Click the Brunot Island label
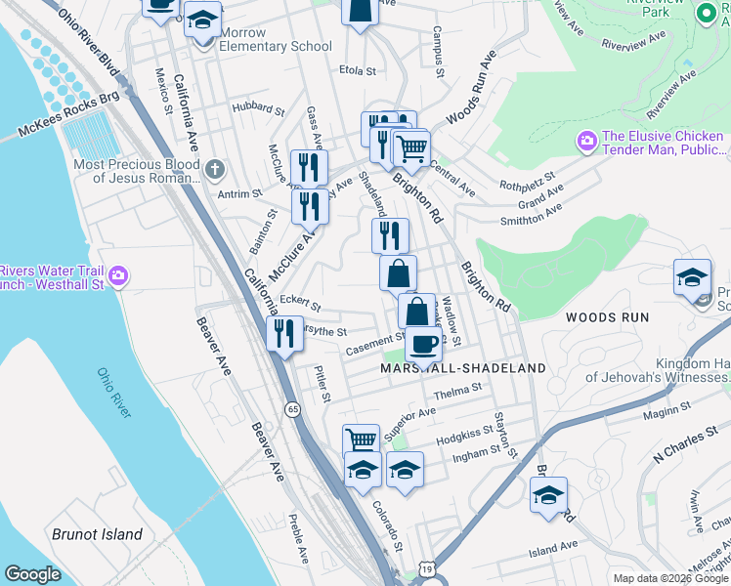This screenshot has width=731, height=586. click(97, 534)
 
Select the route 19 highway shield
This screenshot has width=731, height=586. click(428, 567)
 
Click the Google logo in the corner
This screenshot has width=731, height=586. click(32, 574)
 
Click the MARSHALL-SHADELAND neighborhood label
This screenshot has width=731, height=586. click(462, 368)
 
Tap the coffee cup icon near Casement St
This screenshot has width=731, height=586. click(423, 343)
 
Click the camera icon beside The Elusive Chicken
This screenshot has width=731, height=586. click(587, 142)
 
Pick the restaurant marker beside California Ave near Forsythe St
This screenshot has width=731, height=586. click(284, 334)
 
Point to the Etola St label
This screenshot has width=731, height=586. click(357, 71)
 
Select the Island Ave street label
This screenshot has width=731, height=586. click(553, 547)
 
